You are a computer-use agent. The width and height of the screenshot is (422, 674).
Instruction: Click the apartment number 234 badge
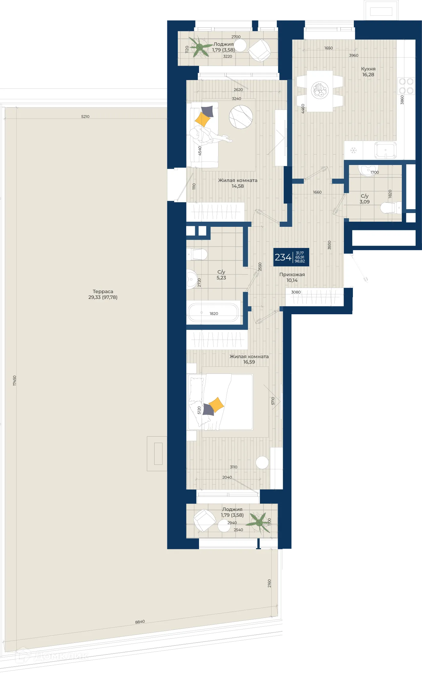pos(291,257)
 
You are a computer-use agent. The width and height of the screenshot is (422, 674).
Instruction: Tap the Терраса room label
pos(103,291)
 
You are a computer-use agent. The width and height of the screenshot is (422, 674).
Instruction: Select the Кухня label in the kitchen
pos(368,69)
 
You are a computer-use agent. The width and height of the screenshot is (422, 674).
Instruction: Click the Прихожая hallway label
pos(292,275)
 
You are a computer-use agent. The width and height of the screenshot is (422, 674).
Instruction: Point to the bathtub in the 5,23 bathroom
pos(213,313)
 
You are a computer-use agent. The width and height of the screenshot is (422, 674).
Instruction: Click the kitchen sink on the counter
pos(386,150)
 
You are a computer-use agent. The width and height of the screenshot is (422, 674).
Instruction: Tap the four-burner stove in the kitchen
pos(406,86)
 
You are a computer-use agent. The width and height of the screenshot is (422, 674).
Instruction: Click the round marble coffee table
pos(241,117)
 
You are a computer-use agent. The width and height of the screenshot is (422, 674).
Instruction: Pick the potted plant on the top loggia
pos(200,47)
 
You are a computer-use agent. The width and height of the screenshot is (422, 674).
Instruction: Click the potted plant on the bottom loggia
pos(260,522)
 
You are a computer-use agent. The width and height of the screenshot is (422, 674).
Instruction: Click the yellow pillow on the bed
pos(217,405)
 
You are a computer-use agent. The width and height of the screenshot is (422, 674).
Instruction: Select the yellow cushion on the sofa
pos(203,119)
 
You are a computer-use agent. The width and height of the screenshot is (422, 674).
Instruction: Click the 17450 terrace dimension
pos(14,381)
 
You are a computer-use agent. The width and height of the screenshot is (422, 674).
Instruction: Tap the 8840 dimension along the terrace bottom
pos(140,622)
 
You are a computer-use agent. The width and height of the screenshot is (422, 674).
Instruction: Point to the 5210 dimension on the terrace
pos(85,117)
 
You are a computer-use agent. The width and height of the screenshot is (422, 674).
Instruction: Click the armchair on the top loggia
pos(259,50)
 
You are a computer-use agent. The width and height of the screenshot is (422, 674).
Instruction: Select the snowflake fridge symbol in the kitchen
pos(354,150)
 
